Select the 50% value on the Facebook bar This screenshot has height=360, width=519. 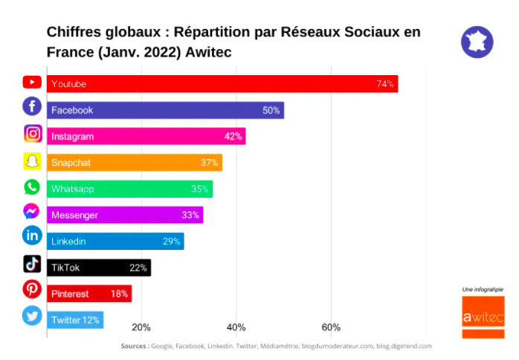coord(271,110)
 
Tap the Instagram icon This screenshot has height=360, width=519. coord(32,134)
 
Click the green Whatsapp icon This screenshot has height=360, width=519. coord(32,187)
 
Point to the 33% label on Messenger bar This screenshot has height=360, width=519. coord(190,216)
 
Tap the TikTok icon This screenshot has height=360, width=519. coord(32,263)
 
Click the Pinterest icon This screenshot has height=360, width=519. coord(32,289)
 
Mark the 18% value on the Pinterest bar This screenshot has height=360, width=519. coord(119,294)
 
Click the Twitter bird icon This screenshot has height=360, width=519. coord(32,315)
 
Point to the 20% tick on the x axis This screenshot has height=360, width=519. coord(141,327)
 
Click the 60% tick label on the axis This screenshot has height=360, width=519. coord(331,327)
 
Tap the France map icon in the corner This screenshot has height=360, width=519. coord(477,42)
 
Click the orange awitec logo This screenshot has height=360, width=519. coord(483,317)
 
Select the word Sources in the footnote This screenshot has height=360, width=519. coord(134,346)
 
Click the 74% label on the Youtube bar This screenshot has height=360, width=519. coord(384,84)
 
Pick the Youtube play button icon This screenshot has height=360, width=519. coord(32,82)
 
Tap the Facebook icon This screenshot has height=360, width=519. coord(32,107)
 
